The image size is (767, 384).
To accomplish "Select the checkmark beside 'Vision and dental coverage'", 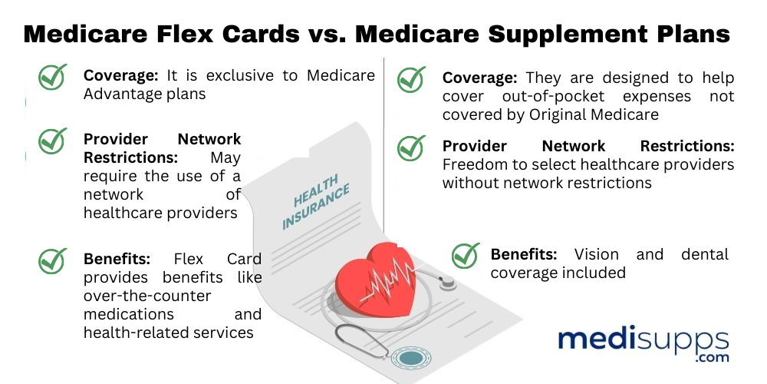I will (x=466, y=256).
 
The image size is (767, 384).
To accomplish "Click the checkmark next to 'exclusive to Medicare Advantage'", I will (x=53, y=77).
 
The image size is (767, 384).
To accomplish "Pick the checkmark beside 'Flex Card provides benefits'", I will (x=53, y=260).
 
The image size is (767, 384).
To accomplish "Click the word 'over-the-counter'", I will (x=147, y=296).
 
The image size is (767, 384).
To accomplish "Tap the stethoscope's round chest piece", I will (x=411, y=358).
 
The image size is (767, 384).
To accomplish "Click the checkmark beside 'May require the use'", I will (x=53, y=141).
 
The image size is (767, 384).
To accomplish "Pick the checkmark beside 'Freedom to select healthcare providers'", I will (x=412, y=147).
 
